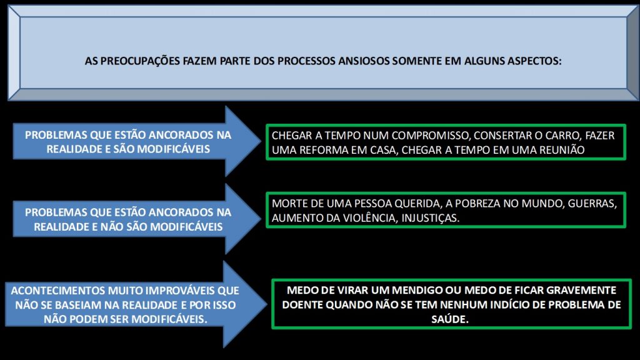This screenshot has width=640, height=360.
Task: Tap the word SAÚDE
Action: (450, 319)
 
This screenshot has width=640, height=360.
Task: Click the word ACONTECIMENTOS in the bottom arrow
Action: (57, 291)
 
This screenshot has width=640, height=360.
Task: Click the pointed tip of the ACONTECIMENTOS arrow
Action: (267, 304)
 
